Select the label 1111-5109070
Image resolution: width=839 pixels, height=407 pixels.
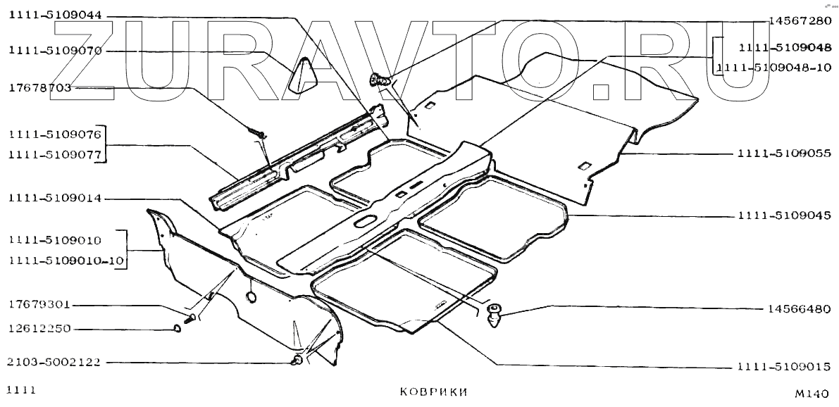point(55,51)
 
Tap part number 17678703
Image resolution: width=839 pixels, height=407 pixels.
point(39,88)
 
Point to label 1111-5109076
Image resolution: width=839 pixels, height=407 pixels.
point(55,134)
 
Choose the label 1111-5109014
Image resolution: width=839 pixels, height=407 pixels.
point(55,199)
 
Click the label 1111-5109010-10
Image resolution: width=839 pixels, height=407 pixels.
point(67,261)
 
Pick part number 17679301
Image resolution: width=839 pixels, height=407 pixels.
point(39,306)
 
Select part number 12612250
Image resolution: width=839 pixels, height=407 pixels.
point(39,329)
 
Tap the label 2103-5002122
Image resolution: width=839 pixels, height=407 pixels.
point(55,363)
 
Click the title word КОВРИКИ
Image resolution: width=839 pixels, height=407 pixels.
point(433,392)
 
